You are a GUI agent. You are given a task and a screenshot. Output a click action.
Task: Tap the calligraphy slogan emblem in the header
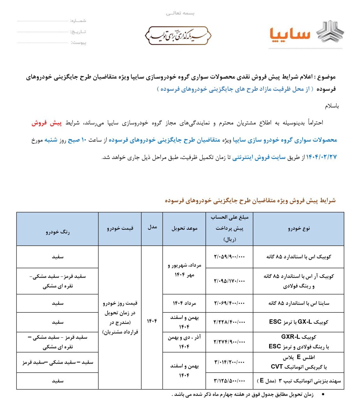point(178,36)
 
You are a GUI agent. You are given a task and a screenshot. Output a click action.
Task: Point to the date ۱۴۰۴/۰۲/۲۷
point(322,157)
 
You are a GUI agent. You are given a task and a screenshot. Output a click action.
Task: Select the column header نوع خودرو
point(299,229)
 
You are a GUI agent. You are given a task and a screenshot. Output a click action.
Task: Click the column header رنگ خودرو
point(57,232)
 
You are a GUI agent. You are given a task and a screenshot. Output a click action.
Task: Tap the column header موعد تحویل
point(184,229)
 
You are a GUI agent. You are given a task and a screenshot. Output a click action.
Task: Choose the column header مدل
point(152,227)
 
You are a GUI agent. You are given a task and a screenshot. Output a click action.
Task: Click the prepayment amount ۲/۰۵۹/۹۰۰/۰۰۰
point(229,257)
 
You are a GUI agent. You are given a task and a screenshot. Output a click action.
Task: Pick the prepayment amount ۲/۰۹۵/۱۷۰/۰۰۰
point(229,281)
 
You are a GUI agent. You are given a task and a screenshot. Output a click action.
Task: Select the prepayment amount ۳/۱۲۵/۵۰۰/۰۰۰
point(229,381)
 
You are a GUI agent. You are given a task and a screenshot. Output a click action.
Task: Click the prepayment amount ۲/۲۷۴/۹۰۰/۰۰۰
point(229,342)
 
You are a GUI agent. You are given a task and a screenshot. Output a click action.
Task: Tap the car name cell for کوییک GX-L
point(299,322)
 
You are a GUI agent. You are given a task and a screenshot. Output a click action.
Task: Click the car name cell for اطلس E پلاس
point(299,362)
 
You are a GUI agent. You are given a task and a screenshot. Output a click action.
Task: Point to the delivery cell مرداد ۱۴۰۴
point(184,303)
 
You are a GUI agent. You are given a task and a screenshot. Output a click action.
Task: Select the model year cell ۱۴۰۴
point(152,321)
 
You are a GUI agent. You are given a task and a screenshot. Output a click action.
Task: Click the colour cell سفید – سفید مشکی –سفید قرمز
point(58,362)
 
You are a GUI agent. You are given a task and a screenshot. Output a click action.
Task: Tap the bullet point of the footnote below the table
point(321,395)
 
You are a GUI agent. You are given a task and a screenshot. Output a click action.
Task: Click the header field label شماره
point(78,21)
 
